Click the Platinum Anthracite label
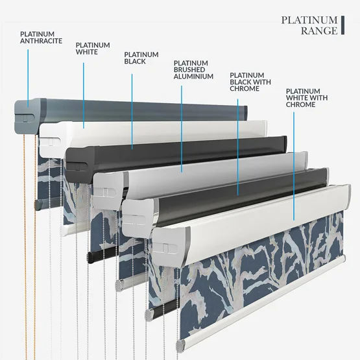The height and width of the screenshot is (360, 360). pyautogui.click(x=41, y=38)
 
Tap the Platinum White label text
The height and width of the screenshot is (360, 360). pyautogui.click(x=93, y=49)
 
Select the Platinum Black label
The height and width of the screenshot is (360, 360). pyautogui.click(x=141, y=58)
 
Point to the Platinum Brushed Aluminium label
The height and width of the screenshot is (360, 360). pyautogui.click(x=193, y=70)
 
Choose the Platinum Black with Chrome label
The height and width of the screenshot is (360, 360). pyautogui.click(x=250, y=82)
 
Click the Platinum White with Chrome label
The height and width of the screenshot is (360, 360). pyautogui.click(x=307, y=98)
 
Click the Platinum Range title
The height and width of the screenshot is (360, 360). pyautogui.click(x=309, y=25)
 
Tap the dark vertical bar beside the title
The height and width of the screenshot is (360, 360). pyautogui.click(x=342, y=25)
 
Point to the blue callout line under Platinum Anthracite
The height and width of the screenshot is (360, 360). pyautogui.click(x=28, y=78)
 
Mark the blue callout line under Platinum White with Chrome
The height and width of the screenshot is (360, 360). pyautogui.click(x=294, y=166)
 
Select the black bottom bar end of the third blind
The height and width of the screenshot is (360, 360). pyautogui.click(x=91, y=257)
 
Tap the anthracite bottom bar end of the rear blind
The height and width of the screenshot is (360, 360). pyautogui.click(x=38, y=204)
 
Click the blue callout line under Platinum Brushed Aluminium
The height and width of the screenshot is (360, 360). pyautogui.click(x=182, y=129)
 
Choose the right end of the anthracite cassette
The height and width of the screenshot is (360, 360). pyautogui.click(x=246, y=113)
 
